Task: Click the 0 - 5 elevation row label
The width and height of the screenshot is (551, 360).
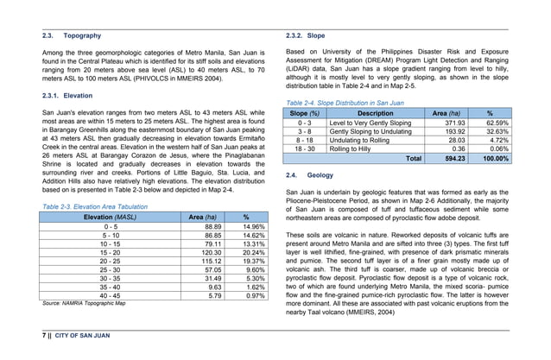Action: click(111, 225)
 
